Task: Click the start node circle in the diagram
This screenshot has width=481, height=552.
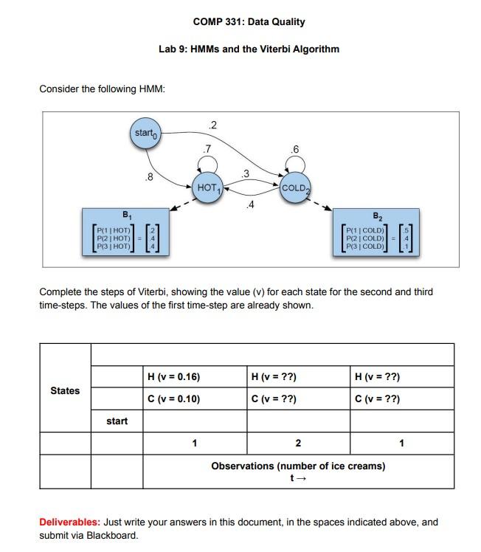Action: coord(145,134)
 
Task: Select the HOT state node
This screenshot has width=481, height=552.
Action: coord(209,187)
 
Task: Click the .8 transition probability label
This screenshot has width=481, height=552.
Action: coord(150,177)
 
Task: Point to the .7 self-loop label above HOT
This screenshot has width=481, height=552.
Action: coord(208,150)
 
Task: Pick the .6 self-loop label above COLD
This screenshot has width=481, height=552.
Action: coord(296,150)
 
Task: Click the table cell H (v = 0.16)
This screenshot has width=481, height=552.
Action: coord(174,377)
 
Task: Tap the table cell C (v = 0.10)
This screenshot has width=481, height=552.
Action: coord(174,399)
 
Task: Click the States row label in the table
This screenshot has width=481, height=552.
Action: coord(65,390)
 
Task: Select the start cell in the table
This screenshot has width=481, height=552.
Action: coord(117,421)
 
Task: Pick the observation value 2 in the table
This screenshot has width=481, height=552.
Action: coord(298,444)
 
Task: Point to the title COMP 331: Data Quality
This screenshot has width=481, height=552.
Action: coord(249,22)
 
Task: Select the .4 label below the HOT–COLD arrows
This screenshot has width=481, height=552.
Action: coord(252,204)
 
